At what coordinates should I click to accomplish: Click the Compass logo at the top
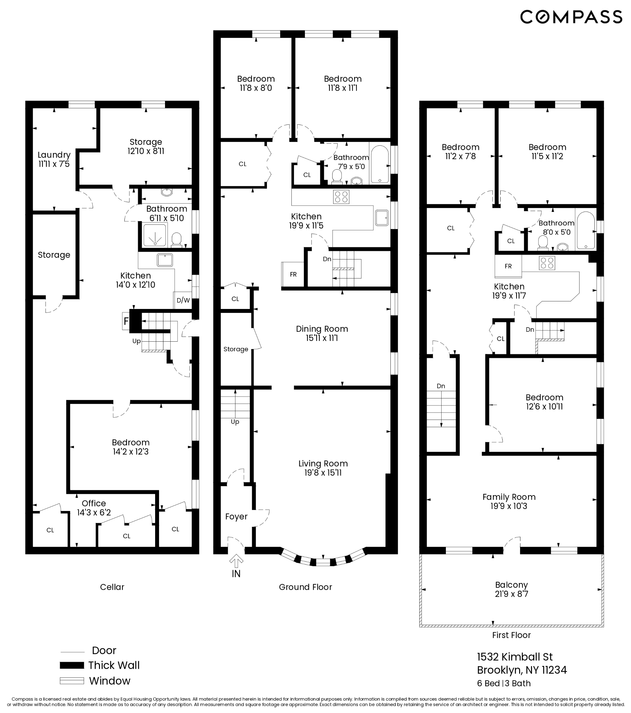(571, 17)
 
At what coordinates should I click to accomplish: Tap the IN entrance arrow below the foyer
(236, 562)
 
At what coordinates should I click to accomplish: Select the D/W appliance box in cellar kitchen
(183, 300)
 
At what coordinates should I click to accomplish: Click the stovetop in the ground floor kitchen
(341, 196)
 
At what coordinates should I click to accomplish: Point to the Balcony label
(511, 585)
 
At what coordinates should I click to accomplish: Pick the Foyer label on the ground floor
(236, 516)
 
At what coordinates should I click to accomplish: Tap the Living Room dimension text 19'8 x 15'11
(323, 473)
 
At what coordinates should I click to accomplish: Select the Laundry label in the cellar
(54, 154)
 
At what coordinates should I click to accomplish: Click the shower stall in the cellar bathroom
(154, 234)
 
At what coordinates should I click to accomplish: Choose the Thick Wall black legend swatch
(72, 665)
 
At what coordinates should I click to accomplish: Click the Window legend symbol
(72, 681)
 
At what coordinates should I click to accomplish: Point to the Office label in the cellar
(94, 503)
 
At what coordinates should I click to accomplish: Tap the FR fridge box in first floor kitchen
(508, 266)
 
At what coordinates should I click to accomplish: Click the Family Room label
(509, 497)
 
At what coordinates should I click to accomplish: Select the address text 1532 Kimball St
(515, 657)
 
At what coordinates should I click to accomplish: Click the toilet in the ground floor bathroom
(337, 176)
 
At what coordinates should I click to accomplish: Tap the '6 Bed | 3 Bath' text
(504, 683)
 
